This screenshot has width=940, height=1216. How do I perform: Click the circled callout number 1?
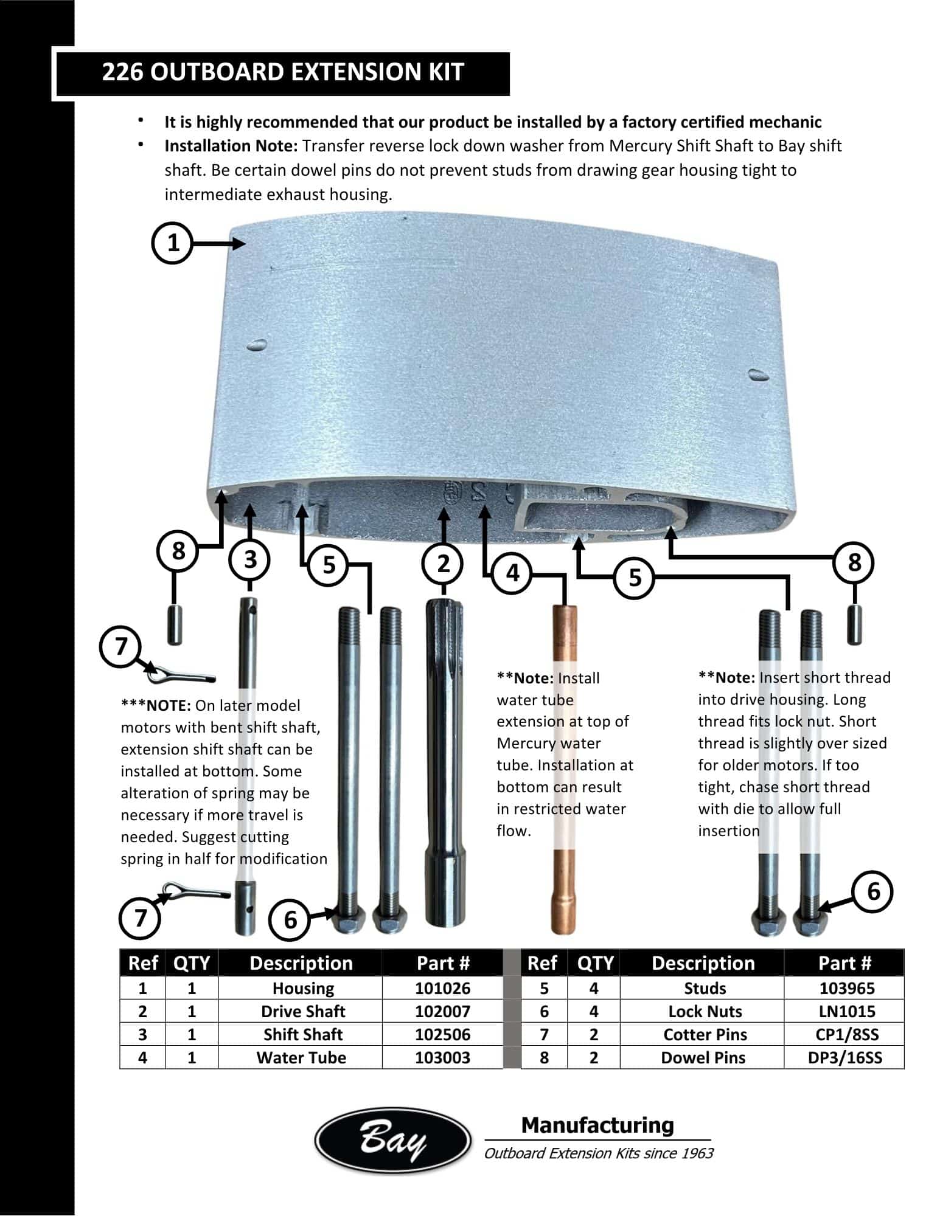point(173,243)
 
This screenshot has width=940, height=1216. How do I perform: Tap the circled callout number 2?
point(443,564)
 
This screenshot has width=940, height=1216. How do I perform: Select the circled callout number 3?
point(250,559)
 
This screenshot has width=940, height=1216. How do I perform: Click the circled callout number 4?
point(513,573)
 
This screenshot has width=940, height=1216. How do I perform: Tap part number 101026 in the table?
point(442,988)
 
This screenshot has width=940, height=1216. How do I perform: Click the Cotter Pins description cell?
point(705,1034)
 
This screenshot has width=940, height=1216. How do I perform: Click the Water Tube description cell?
point(301,1057)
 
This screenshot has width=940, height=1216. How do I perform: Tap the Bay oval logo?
point(392,1141)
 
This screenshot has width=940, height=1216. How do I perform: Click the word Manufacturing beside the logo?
point(597,1125)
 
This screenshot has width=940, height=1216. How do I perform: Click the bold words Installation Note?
point(231,146)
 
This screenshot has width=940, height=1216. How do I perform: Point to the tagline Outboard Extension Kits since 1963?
point(598,1153)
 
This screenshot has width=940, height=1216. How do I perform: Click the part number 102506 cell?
point(442,1034)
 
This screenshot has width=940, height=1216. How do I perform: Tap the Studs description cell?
point(705,988)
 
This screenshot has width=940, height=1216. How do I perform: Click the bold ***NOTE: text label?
point(156,705)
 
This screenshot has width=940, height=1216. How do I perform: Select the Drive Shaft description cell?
point(302,1011)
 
